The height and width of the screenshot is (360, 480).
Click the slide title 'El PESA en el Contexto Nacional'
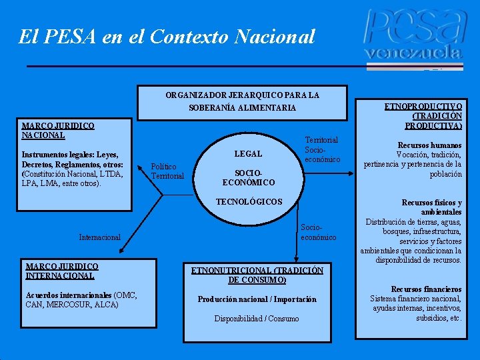click(167, 36)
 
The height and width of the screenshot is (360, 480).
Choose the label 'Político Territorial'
click(167, 171)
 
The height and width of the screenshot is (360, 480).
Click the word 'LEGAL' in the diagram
click(248, 154)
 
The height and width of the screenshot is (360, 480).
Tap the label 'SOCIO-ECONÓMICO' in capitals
click(248, 177)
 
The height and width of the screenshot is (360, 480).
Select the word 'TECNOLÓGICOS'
click(249, 201)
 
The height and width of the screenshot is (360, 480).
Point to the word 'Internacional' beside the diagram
click(99, 237)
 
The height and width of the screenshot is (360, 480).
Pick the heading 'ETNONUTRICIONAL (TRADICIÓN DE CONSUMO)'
click(257, 275)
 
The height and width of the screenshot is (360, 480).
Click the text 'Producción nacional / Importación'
click(257, 299)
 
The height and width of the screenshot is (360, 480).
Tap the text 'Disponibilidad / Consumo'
click(257, 319)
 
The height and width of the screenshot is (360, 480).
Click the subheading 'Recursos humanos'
click(429, 145)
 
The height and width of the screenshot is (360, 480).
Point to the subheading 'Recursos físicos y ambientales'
click(431, 207)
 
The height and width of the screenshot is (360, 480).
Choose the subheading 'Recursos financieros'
click(426, 289)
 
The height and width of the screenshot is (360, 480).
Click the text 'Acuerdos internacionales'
click(69, 295)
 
